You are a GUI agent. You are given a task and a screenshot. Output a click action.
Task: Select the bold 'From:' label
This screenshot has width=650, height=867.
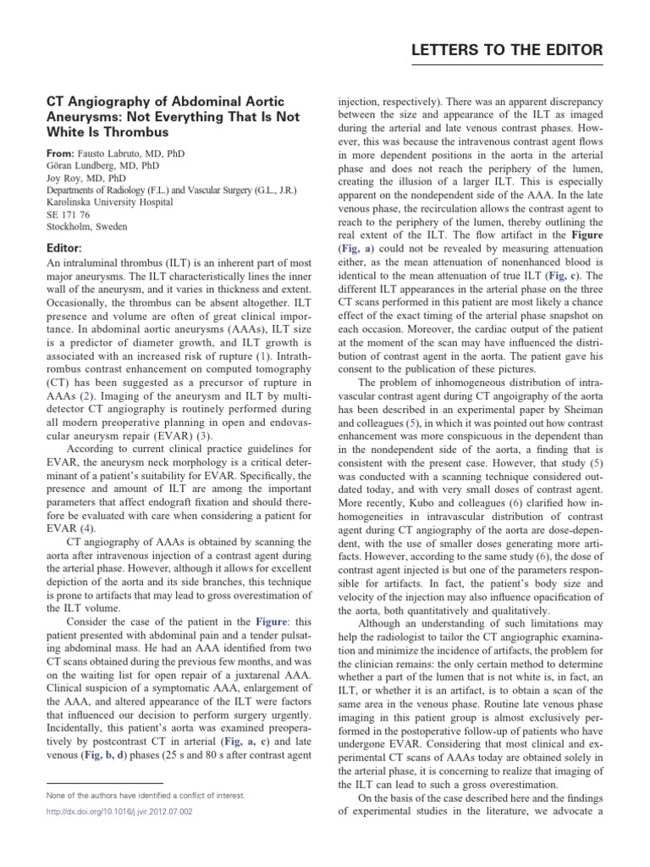(61, 154)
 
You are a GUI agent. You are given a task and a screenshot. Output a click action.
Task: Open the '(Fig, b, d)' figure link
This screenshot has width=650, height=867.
(107, 753)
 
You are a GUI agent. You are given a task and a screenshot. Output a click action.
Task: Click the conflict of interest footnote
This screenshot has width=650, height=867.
(146, 795)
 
